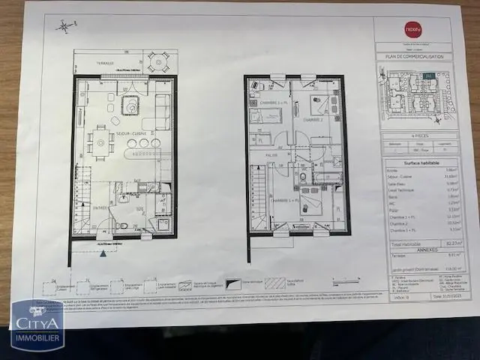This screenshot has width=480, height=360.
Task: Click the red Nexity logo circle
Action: (x=412, y=31)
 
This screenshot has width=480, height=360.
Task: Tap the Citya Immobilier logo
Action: (x=37, y=324)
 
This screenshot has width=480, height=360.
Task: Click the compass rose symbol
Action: (x=65, y=27)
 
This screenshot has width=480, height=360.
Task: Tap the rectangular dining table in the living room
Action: (x=101, y=142)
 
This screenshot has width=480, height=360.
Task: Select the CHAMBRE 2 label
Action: (x=313, y=120)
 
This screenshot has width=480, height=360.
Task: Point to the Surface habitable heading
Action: (x=421, y=162)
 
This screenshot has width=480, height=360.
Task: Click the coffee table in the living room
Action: (x=130, y=106)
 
